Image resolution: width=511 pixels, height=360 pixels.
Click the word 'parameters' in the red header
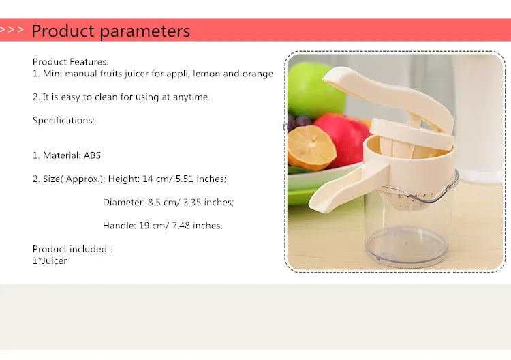pyautogui.click(x=145, y=31)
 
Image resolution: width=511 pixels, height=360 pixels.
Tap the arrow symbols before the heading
pyautogui.click(x=12, y=30)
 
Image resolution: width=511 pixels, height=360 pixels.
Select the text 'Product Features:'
pyautogui.click(x=70, y=61)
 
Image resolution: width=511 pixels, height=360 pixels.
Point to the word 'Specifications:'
pyautogui.click(x=63, y=120)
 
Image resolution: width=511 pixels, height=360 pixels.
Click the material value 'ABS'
pyautogui.click(x=92, y=155)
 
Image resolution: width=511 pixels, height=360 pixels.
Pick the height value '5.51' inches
pyautogui.click(x=185, y=179)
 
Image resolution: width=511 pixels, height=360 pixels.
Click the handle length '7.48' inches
pyautogui.click(x=181, y=226)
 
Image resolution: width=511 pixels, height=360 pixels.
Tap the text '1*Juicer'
pyautogui.click(x=50, y=261)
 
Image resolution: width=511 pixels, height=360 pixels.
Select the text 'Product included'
pyautogui.click(x=69, y=249)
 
